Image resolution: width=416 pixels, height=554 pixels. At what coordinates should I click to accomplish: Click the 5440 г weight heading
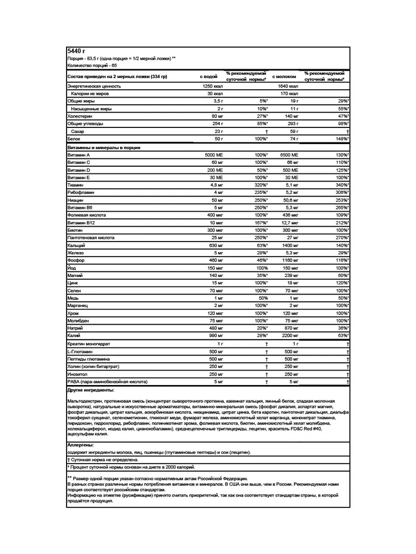pyautogui.click(x=74, y=50)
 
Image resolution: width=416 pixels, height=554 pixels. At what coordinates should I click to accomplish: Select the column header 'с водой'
pyautogui.click(x=209, y=76)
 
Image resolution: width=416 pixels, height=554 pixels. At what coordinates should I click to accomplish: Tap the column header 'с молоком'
pyautogui.click(x=285, y=76)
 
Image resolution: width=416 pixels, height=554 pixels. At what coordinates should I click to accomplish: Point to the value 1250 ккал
pyautogui.click(x=212, y=87)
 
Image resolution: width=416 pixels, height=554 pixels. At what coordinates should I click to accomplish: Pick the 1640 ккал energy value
pyautogui.click(x=287, y=87)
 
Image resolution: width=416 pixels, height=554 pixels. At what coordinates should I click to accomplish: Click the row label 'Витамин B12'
pyautogui.click(x=81, y=222)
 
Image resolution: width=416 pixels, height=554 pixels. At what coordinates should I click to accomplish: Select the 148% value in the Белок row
pyautogui.click(x=342, y=138)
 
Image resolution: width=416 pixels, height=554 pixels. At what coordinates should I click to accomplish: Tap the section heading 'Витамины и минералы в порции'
pyautogui.click(x=103, y=148)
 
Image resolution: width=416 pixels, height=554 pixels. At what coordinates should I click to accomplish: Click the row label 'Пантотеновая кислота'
pyautogui.click(x=90, y=237)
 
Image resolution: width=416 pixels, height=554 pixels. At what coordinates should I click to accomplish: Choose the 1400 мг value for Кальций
pyautogui.click(x=289, y=245)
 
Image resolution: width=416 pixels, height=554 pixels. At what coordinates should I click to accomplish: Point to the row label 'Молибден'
pyautogui.click(x=78, y=320)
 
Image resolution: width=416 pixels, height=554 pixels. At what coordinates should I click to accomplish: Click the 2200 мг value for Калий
pyautogui.click(x=289, y=335)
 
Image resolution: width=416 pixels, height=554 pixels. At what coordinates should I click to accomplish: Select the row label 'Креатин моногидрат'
pyautogui.click(x=89, y=344)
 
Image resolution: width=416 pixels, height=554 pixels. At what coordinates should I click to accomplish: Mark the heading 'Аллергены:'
pyautogui.click(x=80, y=444)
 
